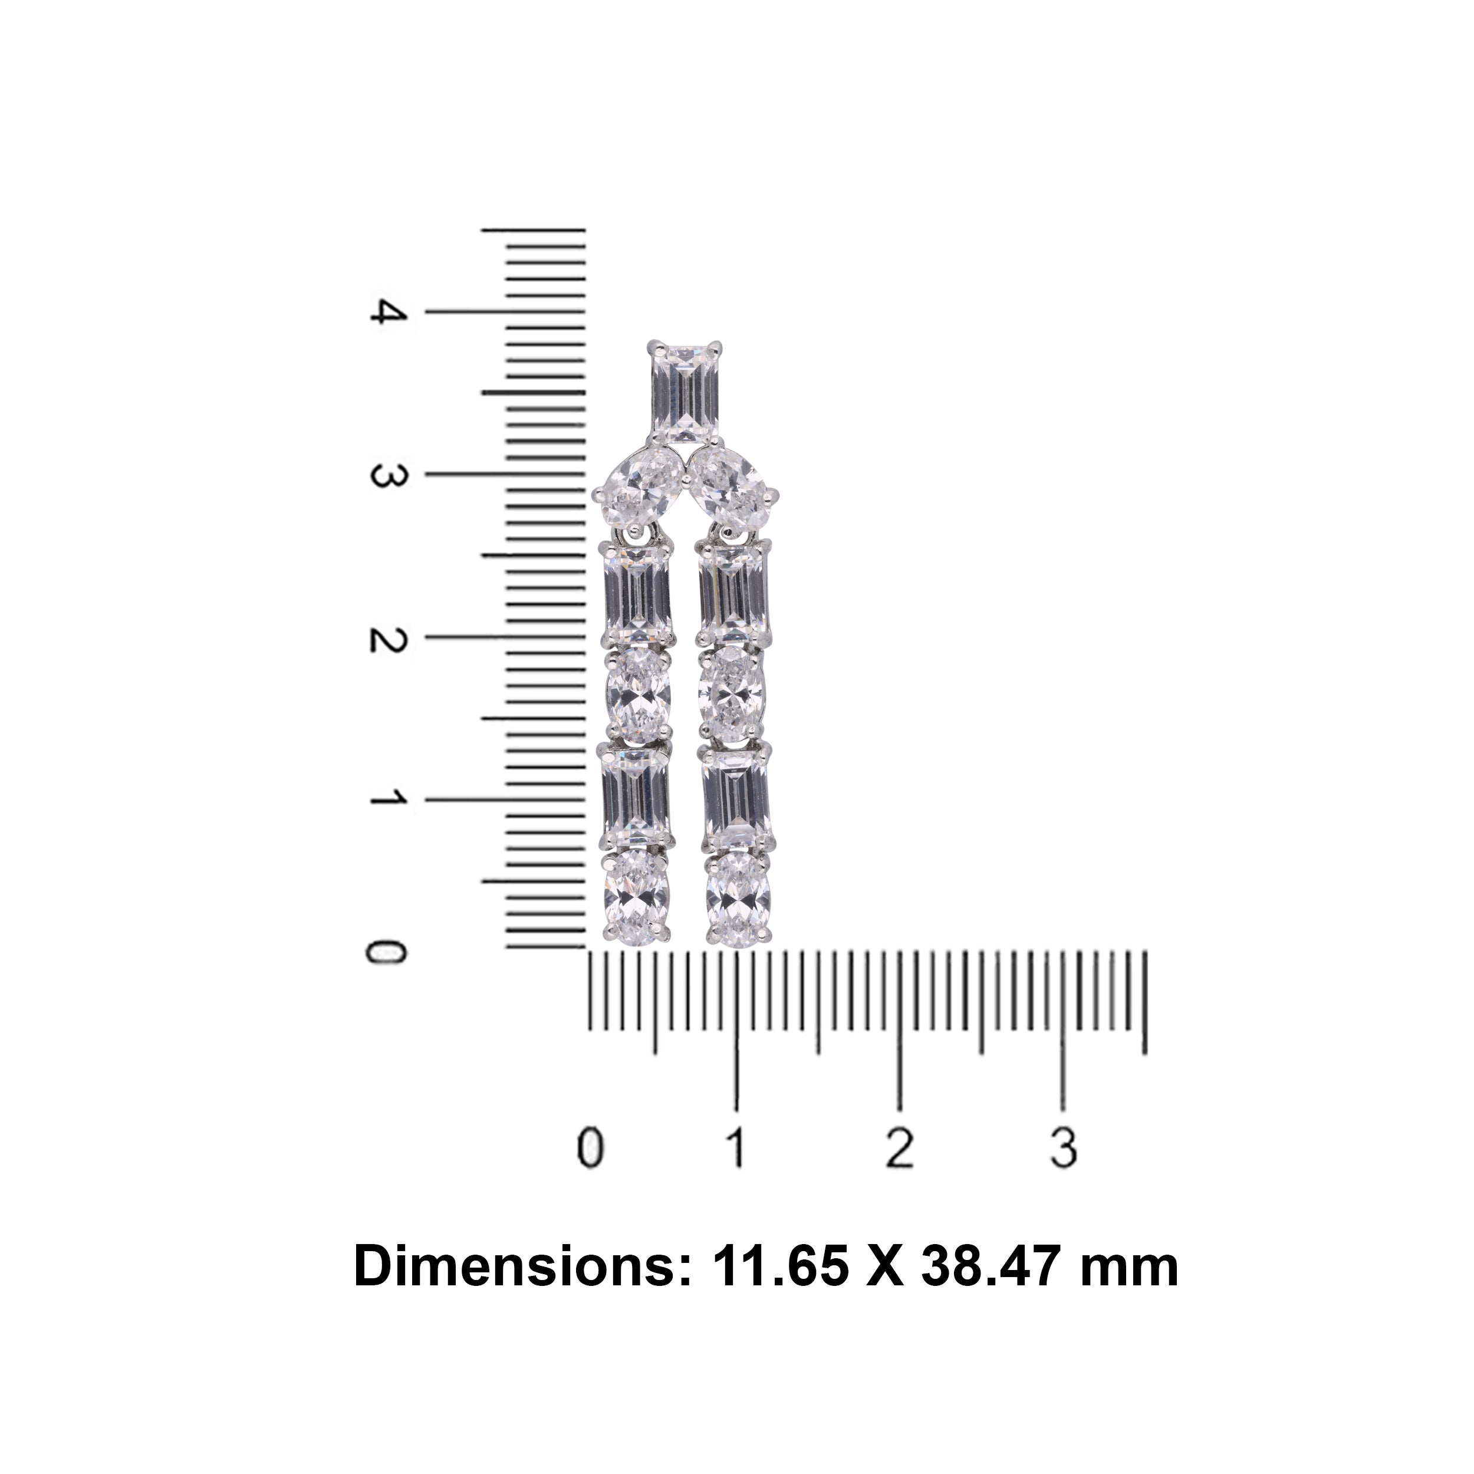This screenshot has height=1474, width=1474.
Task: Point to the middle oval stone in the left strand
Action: (638, 695)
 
